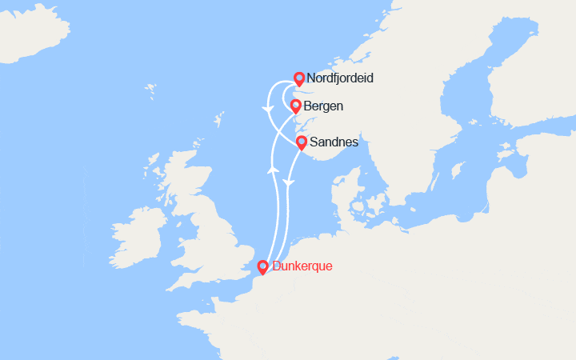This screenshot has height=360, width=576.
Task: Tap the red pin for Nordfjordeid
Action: [298, 78]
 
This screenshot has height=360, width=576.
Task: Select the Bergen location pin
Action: [295, 106]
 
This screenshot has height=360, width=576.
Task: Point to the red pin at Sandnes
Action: [302, 143]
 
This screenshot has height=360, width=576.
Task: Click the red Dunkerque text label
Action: [302, 266]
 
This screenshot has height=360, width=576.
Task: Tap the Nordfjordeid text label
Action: [340, 79]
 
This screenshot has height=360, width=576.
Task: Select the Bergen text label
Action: [324, 106]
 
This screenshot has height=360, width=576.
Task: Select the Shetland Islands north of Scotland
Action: [218, 122]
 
